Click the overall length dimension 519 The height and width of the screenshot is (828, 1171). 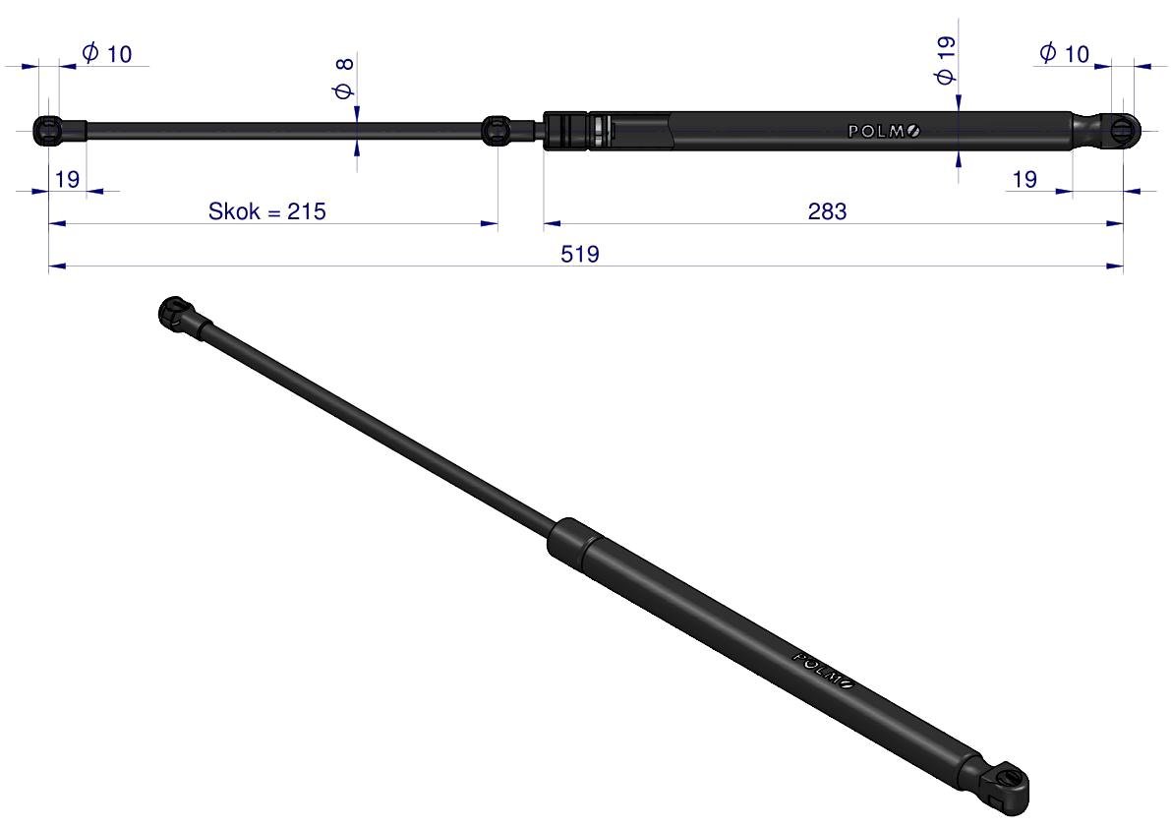point(579,254)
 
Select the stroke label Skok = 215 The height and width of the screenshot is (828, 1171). point(266,211)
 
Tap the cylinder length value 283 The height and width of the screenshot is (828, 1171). point(828,211)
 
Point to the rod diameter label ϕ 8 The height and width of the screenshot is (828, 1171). point(344,79)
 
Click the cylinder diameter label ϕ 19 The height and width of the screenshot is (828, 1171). point(946,60)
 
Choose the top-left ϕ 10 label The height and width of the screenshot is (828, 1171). point(106,54)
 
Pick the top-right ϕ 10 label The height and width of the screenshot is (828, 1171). point(1064,54)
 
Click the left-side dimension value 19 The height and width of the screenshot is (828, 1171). point(67,179)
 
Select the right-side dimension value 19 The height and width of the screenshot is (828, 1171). point(1025,179)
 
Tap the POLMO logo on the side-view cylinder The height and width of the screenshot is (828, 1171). point(884,132)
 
